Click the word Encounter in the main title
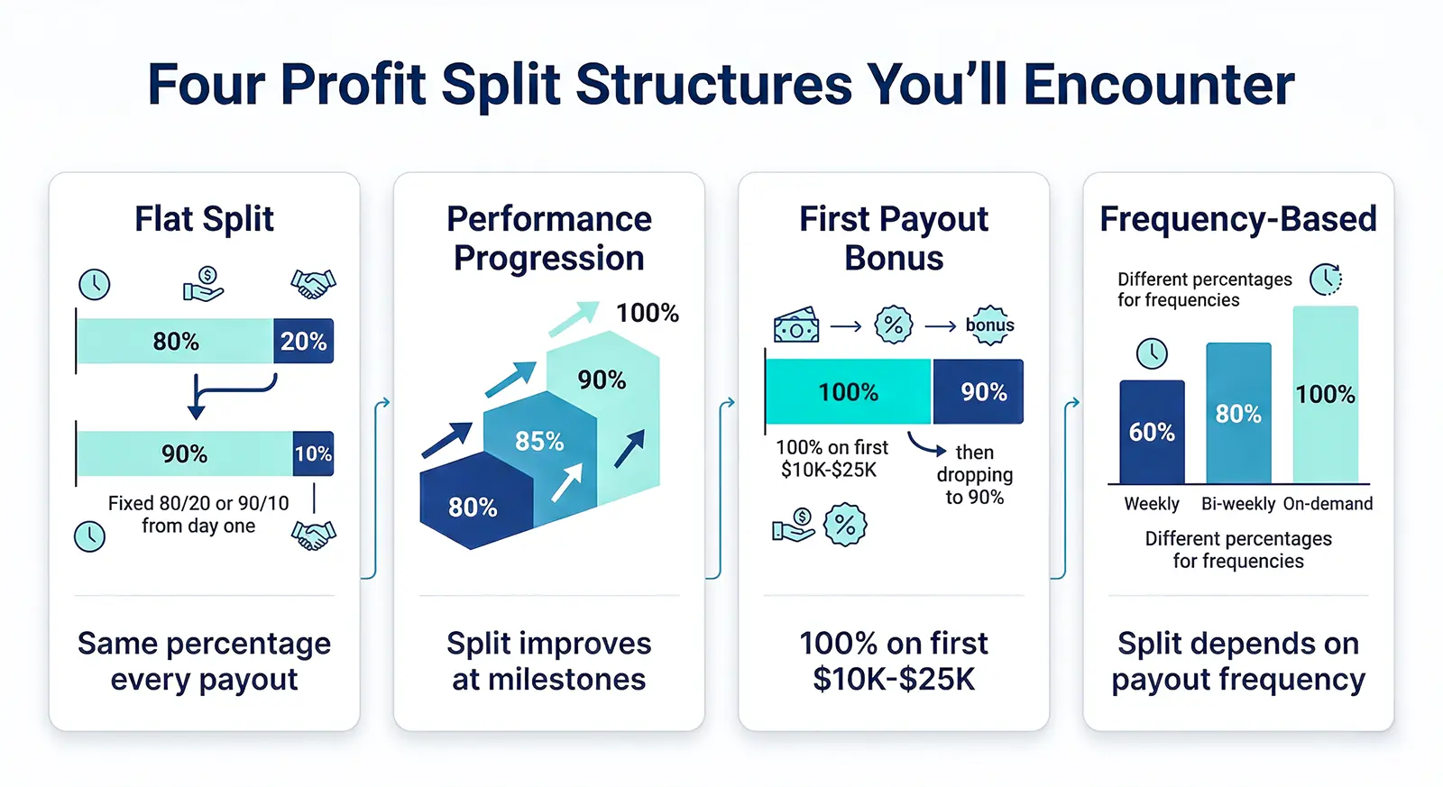[1159, 85]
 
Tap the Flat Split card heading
[204, 219]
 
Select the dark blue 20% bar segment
[303, 342]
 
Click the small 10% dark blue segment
[313, 453]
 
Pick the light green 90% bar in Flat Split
[184, 453]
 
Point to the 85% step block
[538, 441]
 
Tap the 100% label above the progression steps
[647, 313]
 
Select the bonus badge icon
[989, 325]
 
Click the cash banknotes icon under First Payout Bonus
[796, 325]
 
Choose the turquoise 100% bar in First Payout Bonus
[848, 392]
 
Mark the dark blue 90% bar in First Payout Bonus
[979, 392]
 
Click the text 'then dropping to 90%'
[974, 474]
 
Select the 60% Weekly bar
[1152, 433]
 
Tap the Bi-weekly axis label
[1237, 504]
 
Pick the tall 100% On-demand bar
[1325, 395]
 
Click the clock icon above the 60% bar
[1152, 353]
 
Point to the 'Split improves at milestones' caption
[548, 661]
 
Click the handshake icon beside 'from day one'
[313, 535]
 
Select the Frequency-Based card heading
[1237, 219]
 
